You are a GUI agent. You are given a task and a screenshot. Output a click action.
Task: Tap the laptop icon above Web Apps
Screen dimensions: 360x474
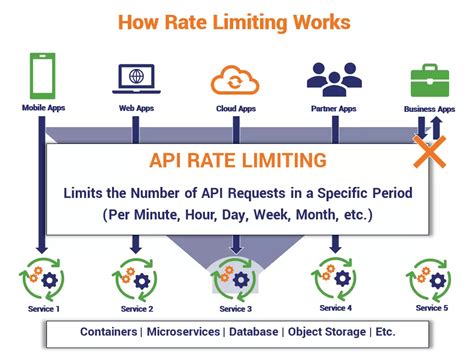[x=135, y=78]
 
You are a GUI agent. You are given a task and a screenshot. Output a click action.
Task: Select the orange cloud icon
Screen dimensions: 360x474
[x=236, y=79]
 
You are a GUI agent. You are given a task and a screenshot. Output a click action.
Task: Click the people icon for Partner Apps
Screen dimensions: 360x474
[x=333, y=79]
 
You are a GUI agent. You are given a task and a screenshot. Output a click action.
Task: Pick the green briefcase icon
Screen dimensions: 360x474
[x=430, y=80]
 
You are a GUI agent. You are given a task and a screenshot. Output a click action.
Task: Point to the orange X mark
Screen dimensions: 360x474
[x=430, y=154]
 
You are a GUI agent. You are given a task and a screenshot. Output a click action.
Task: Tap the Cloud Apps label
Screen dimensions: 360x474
[x=236, y=106]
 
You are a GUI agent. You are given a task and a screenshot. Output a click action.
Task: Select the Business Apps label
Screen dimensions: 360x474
[x=429, y=106]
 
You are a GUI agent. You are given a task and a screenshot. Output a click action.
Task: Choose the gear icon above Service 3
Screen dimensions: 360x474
[x=236, y=280]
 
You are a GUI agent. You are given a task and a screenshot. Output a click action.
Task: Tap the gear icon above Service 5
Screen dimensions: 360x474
[x=430, y=279]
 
